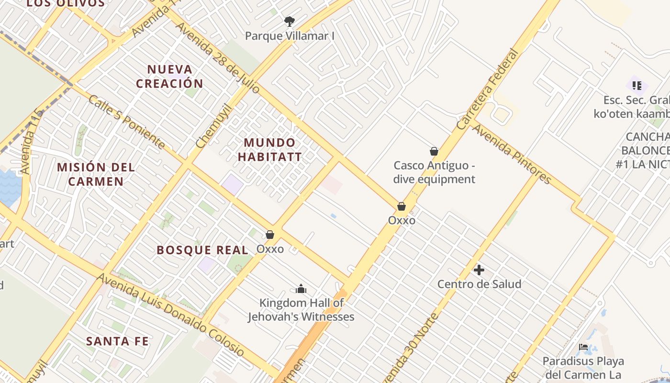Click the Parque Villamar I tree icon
289,22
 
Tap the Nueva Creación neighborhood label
169,77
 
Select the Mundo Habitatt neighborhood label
270,150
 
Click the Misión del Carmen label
96,174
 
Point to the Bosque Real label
202,250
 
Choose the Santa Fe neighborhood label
117,341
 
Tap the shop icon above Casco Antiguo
434,152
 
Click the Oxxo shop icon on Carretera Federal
402,207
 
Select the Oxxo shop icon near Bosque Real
270,235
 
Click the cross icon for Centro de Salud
479,270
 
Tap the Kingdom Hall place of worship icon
301,289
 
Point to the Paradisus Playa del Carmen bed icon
583,347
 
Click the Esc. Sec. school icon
636,86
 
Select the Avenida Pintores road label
512,153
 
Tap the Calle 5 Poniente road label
127,122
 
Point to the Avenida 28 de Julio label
218,57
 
